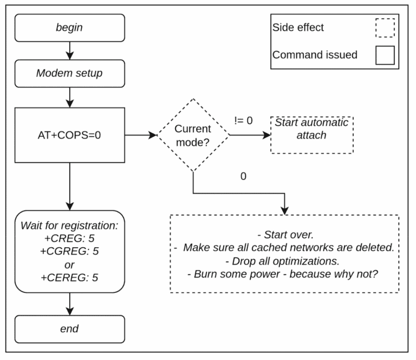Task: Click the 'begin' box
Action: pos(70,28)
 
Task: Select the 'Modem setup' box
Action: pos(70,74)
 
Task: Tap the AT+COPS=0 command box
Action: pos(70,135)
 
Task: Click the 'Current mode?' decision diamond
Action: pos(193,135)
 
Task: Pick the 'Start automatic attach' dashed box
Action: pos(312,135)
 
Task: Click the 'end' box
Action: pos(70,329)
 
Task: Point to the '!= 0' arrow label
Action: pos(243,120)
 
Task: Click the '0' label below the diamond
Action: pos(243,176)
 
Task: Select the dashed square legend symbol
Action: pos(385,28)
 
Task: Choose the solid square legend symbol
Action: pos(385,55)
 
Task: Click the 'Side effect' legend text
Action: pos(298,27)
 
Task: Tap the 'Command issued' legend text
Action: pos(315,55)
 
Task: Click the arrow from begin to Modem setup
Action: pos(70,51)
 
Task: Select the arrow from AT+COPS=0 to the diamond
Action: pos(141,135)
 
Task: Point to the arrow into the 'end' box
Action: pos(70,304)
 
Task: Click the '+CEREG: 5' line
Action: pos(69,278)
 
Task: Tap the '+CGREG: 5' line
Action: pos(69,251)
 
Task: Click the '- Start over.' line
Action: pos(285,235)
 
